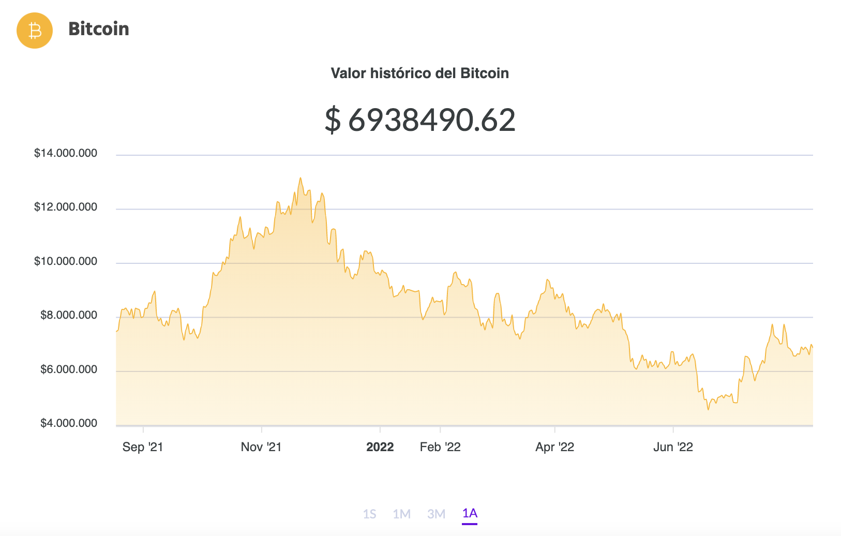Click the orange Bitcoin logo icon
coord(35,31)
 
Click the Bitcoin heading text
coord(98,29)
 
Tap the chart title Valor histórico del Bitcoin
coord(419,73)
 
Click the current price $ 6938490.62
coord(419,120)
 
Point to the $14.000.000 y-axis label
coord(66,153)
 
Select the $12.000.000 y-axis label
coord(66,207)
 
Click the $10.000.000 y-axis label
coord(66,261)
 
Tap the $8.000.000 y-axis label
coord(69,315)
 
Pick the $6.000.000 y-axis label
coord(69,369)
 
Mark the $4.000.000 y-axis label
coord(69,423)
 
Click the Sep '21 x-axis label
coord(143,447)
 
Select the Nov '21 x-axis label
coord(261,447)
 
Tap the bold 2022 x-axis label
coord(380,447)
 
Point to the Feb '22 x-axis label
coord(440,447)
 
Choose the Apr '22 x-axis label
coord(555,447)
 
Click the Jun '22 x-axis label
coord(673,447)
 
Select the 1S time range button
coord(369,514)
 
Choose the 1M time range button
coord(402,514)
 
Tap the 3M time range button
coord(437,514)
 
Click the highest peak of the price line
coord(300,178)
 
